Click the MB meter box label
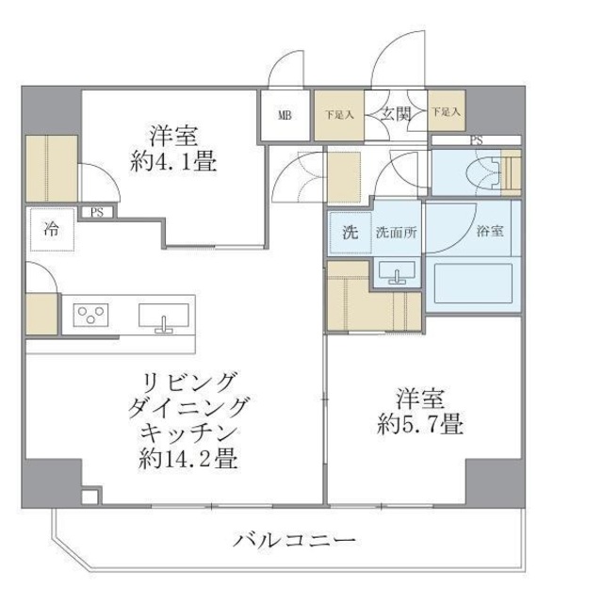click(x=285, y=116)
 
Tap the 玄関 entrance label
click(x=394, y=114)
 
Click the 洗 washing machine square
click(x=350, y=233)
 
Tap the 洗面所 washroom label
click(x=396, y=233)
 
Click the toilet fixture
click(x=494, y=171)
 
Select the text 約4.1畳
click(x=173, y=161)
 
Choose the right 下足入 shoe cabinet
click(x=446, y=112)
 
